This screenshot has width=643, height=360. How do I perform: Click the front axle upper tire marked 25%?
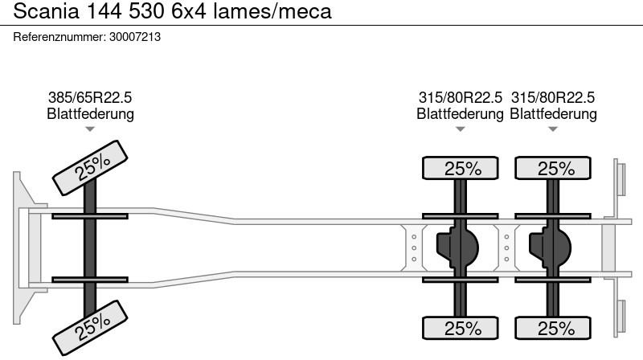[x=92, y=167]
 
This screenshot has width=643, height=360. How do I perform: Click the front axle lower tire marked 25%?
[x=92, y=325]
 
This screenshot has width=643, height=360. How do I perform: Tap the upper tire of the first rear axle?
[x=461, y=169]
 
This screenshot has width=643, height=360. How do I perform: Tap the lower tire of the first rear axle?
[x=461, y=328]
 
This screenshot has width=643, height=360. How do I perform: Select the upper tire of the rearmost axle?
[x=553, y=169]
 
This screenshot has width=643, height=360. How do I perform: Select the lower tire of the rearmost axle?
[x=553, y=328]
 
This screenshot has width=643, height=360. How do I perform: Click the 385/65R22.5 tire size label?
[x=90, y=97]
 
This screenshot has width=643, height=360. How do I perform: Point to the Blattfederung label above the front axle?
[x=90, y=114]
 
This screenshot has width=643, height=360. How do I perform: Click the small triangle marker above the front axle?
[x=90, y=129]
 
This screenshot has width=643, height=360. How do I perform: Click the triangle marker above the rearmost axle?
[x=553, y=129]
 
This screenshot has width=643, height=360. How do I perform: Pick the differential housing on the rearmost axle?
[x=550, y=247]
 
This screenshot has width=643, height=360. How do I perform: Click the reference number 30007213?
[x=135, y=37]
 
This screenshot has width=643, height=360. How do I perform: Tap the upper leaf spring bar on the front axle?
[x=91, y=216]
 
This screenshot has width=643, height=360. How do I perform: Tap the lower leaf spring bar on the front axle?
[x=91, y=280]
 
